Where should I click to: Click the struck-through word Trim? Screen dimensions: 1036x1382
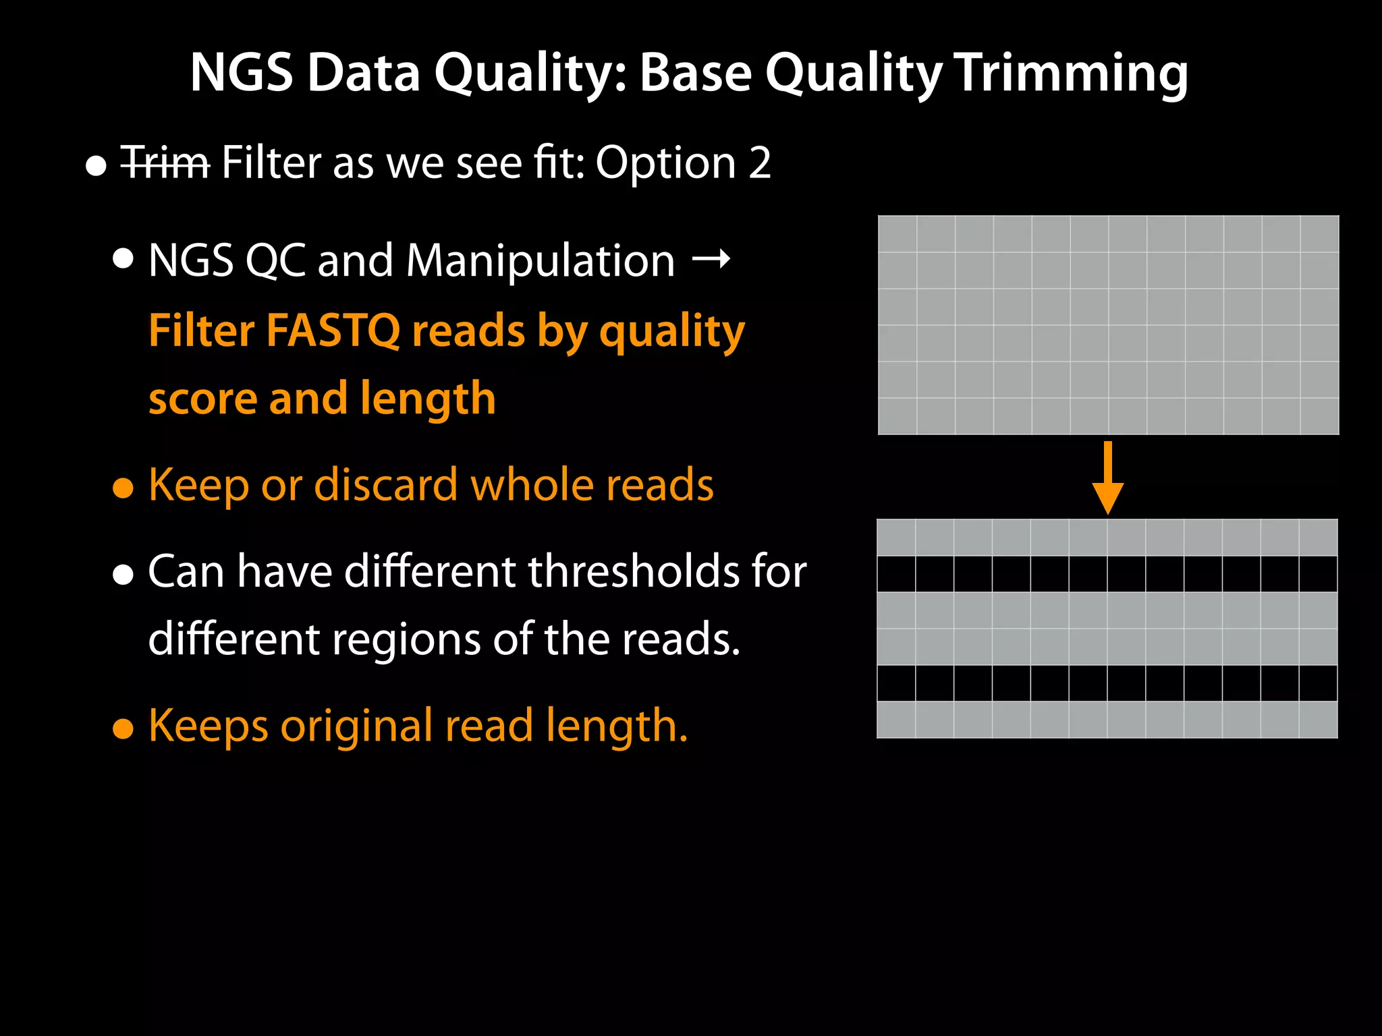tap(165, 163)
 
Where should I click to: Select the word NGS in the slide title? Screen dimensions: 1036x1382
tap(242, 73)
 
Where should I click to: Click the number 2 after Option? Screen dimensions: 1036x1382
tap(759, 163)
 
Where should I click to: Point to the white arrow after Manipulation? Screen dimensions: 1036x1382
tap(711, 259)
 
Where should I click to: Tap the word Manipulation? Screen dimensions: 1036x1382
tap(541, 261)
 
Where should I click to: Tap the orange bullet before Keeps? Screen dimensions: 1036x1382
tap(123, 729)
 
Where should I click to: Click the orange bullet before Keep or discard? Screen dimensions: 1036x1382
tap(123, 488)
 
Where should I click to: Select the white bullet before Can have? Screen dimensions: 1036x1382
tap(123, 575)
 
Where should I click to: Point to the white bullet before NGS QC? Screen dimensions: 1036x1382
tap(123, 259)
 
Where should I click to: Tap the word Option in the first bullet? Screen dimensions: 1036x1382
tap(665, 163)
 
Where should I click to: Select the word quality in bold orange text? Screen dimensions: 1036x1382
tap(672, 332)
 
